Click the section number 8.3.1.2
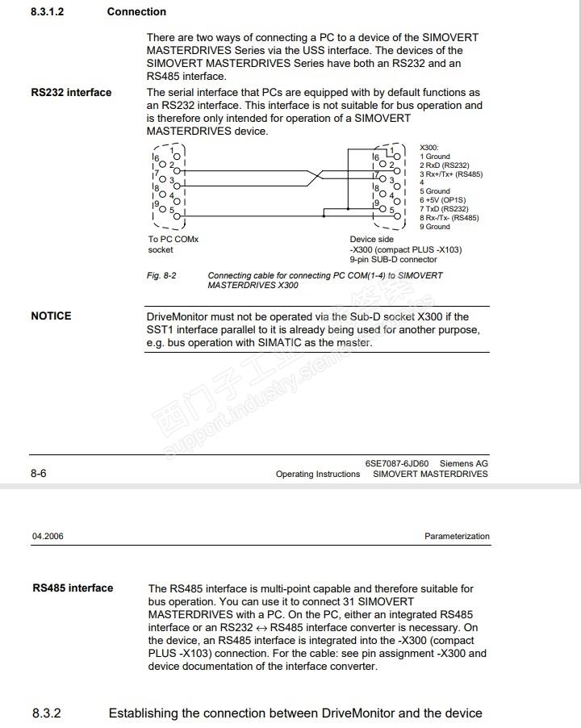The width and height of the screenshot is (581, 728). pos(47,12)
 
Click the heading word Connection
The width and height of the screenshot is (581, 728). pos(136,12)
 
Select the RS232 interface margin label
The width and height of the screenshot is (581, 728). pos(71,93)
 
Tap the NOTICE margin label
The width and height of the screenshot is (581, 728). pos(51,316)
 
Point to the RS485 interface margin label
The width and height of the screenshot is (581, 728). pos(73,588)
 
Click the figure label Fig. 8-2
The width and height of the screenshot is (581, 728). pos(161,276)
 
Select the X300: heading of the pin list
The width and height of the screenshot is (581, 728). pos(429,148)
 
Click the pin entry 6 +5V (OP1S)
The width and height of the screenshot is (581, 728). pos(442,200)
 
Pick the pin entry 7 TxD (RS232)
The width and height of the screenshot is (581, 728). pos(444,209)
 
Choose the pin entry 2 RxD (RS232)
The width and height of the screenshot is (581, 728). pos(444,165)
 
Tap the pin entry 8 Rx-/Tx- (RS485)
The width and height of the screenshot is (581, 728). pos(449,218)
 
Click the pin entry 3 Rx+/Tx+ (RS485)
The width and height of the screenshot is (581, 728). pos(450,174)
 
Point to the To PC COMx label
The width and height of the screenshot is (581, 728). pos(173,240)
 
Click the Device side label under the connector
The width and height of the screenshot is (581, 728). pos(371,240)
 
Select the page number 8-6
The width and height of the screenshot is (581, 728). pos(39,474)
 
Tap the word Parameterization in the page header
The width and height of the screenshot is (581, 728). pos(457,537)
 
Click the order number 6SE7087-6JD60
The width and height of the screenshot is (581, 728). pos(397,464)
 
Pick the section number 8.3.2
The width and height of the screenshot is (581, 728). pos(47,713)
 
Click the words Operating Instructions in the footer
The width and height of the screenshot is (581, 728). pos(318,475)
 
